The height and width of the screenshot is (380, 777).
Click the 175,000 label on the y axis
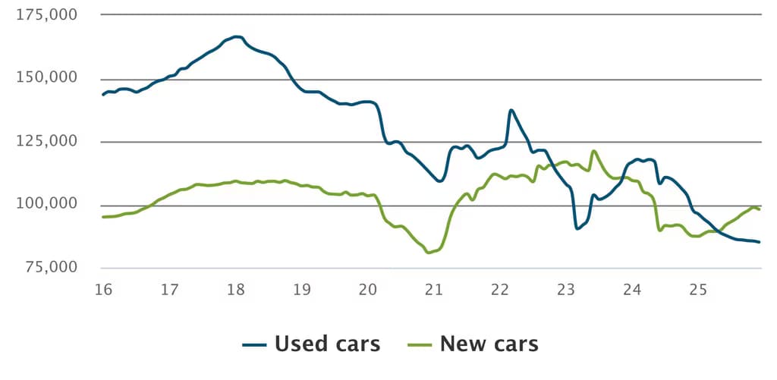(47, 14)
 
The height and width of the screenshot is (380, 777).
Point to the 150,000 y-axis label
(47, 78)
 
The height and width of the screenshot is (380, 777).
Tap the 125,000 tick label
(47, 142)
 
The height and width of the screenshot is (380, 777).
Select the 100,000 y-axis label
(47, 205)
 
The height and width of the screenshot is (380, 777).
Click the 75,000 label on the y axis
(51, 268)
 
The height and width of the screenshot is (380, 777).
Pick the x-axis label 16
(103, 290)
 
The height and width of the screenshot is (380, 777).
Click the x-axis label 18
(236, 290)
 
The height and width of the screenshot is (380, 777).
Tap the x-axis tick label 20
(368, 290)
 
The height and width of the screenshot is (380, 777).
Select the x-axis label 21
(433, 290)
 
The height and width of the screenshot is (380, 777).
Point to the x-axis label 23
(566, 290)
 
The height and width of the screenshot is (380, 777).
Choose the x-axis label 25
(698, 290)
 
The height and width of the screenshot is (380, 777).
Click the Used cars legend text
(327, 344)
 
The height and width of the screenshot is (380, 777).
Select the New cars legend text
(489, 344)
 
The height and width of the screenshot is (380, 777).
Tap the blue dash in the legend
(255, 345)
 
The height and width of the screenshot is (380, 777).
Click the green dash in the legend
(420, 345)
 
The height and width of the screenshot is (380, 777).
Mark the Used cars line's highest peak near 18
(237, 36)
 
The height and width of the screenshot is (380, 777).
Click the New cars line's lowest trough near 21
(429, 253)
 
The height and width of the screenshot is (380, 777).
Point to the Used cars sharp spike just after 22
(511, 110)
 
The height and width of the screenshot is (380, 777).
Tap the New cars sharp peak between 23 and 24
(593, 151)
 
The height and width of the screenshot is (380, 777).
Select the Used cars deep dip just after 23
(577, 228)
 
